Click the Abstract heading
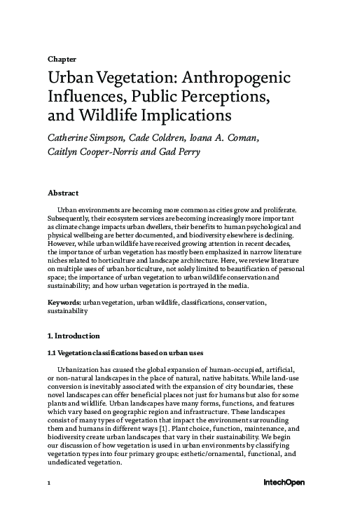(62, 192)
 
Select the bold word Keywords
(64, 302)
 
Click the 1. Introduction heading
(74, 336)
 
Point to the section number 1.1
(52, 352)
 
